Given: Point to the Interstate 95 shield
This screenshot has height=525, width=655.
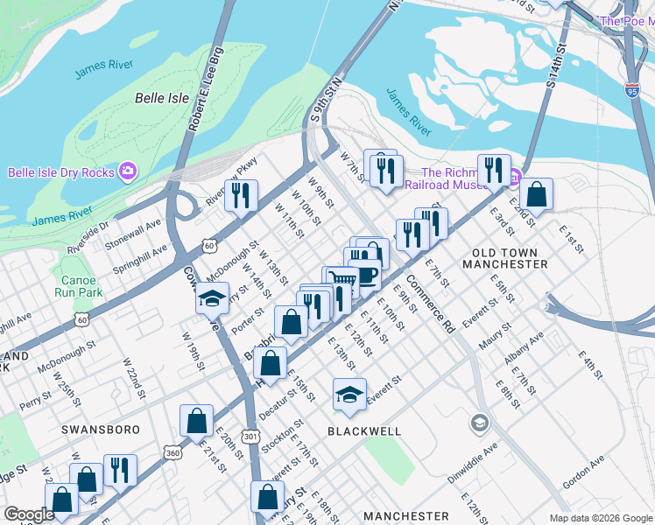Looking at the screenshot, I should (x=632, y=89).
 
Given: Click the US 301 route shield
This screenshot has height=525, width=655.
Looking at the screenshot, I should (x=251, y=435).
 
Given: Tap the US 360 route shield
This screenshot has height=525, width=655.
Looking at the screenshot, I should (x=173, y=452).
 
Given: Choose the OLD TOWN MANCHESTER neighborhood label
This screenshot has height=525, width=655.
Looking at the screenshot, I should (x=510, y=258).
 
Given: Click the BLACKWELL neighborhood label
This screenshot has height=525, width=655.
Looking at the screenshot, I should (x=364, y=431).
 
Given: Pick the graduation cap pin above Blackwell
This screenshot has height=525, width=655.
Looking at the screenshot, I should (x=349, y=394).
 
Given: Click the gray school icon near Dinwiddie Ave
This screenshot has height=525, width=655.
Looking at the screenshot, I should (x=478, y=423).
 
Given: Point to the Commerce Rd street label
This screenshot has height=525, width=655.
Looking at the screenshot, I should (x=429, y=311).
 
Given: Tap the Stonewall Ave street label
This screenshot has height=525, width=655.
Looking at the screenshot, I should (x=142, y=231).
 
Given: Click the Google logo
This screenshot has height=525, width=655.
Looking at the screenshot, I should (x=29, y=514).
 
